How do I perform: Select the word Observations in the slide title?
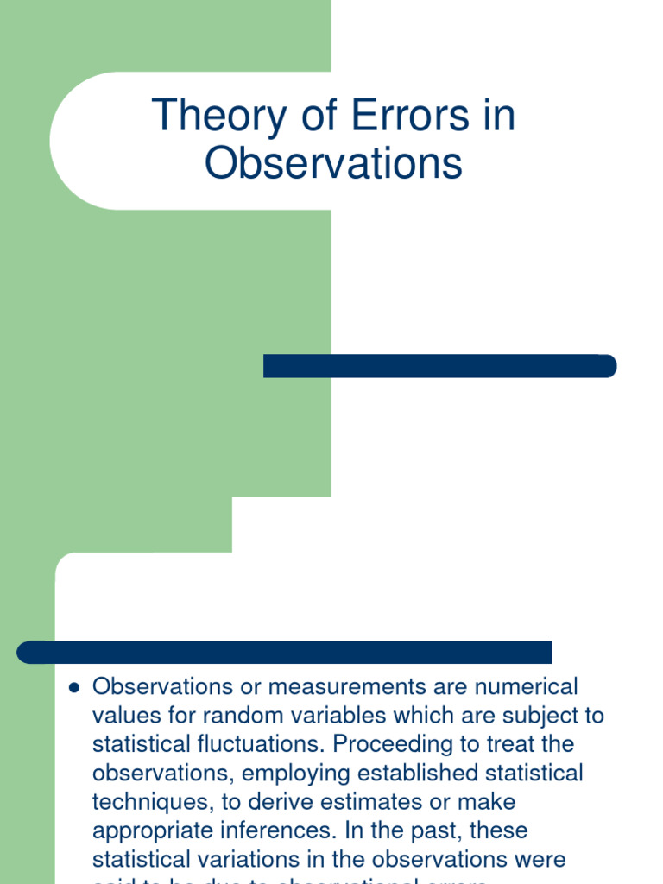(333, 164)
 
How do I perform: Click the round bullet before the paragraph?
(73, 688)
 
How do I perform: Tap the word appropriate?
(158, 830)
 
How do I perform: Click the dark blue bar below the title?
(439, 366)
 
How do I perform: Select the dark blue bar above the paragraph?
(285, 653)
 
